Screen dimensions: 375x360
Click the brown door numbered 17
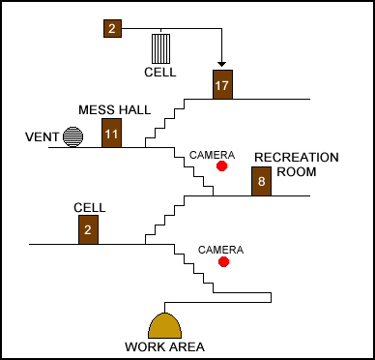click(x=222, y=84)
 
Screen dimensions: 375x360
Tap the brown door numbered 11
click(x=112, y=133)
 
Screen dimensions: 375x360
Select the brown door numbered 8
click(x=261, y=181)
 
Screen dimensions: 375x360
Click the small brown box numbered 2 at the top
click(x=112, y=28)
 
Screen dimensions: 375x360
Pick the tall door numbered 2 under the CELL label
click(x=88, y=229)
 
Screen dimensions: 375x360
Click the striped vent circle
click(x=72, y=136)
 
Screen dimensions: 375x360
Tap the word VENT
click(x=43, y=137)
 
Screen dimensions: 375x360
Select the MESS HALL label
click(x=115, y=110)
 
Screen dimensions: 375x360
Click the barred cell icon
click(x=161, y=48)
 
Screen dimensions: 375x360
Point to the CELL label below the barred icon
click(x=160, y=73)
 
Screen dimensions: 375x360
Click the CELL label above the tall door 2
click(x=90, y=208)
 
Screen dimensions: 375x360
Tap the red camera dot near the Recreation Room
click(x=221, y=165)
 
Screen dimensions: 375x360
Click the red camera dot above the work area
click(x=223, y=262)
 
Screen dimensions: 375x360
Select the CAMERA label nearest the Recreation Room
click(x=212, y=155)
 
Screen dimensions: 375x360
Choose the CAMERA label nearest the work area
click(x=220, y=250)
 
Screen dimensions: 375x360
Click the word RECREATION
click(x=297, y=158)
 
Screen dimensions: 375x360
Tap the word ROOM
click(x=297, y=171)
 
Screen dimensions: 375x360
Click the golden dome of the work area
click(x=164, y=326)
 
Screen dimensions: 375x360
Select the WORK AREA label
click(x=165, y=347)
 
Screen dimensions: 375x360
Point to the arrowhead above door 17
click(x=221, y=64)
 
